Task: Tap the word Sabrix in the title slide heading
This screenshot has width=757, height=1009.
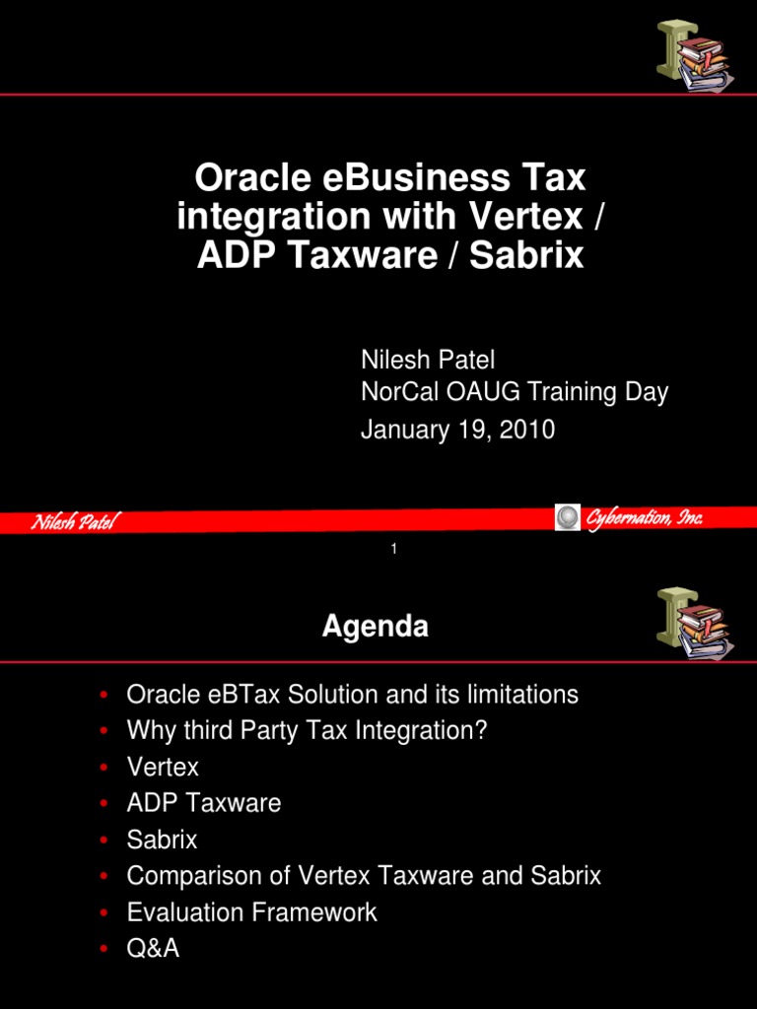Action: point(526,255)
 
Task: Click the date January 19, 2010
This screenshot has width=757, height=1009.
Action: point(457,430)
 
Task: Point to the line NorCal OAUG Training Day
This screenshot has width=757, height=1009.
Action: point(515,392)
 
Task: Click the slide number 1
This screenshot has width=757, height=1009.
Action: point(393,549)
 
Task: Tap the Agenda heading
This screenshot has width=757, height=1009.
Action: point(375,627)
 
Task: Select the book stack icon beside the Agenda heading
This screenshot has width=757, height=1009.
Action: point(693,624)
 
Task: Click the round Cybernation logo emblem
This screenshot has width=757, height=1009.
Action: point(568,517)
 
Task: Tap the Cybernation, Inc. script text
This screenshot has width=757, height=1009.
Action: point(644,518)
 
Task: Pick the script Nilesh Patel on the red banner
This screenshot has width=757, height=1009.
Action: point(73,522)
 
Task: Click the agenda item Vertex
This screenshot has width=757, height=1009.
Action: point(163,767)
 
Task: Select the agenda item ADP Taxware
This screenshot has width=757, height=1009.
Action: point(204,803)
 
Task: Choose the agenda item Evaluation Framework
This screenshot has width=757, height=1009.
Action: point(251,911)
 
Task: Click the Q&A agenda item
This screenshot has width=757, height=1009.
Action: point(153,948)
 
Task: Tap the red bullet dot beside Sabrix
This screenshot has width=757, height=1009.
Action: point(103,841)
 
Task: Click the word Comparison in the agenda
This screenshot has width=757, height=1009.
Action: point(186,876)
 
